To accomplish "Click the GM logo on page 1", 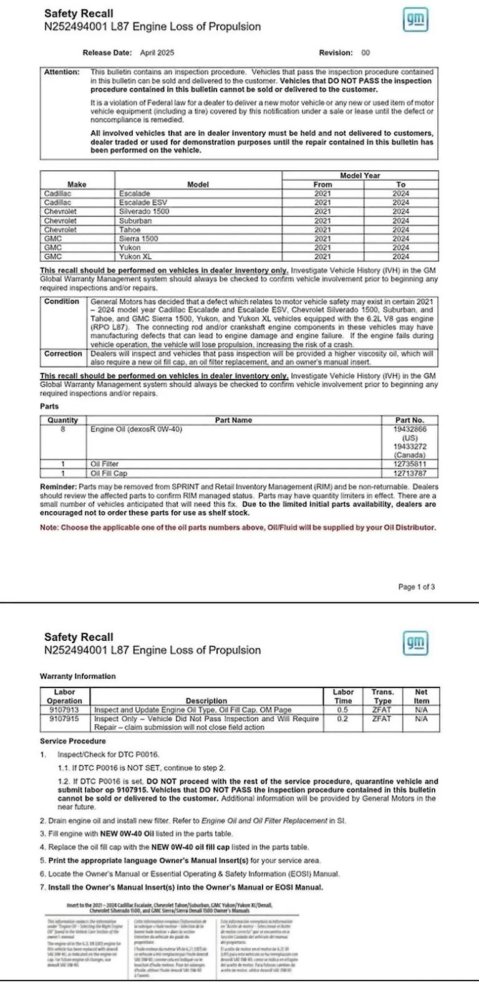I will [415, 21].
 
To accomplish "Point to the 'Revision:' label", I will [336, 53].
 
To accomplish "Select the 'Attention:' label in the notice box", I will [62, 72].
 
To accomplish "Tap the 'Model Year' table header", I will [359, 176].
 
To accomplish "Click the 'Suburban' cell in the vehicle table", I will [135, 221].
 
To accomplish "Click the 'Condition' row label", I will [62, 302].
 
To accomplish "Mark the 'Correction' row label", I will [63, 354].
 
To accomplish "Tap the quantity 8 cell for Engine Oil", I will [63, 429].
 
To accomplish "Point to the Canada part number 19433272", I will [409, 447].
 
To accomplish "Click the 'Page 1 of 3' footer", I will [417, 587].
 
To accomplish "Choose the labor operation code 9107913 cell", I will [64, 709].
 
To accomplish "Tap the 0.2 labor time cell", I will [343, 719].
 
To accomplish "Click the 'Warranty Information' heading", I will [77, 676].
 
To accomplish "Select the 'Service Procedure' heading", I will [73, 741].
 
